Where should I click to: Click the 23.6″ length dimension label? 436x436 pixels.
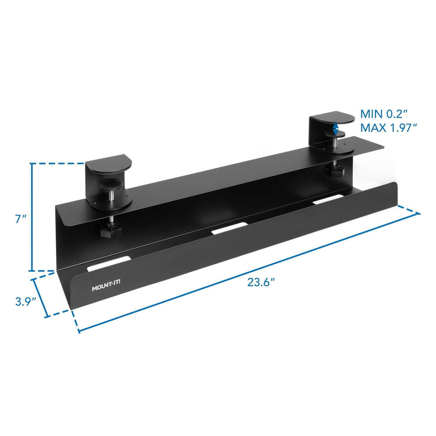pyautogui.click(x=261, y=282)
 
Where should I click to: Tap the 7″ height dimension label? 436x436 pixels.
pyautogui.click(x=20, y=219)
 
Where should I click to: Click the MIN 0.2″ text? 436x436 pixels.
pyautogui.click(x=384, y=114)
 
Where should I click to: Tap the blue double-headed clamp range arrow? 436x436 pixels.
pyautogui.click(x=335, y=128)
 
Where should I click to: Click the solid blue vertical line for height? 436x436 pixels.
pyautogui.click(x=32, y=217)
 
